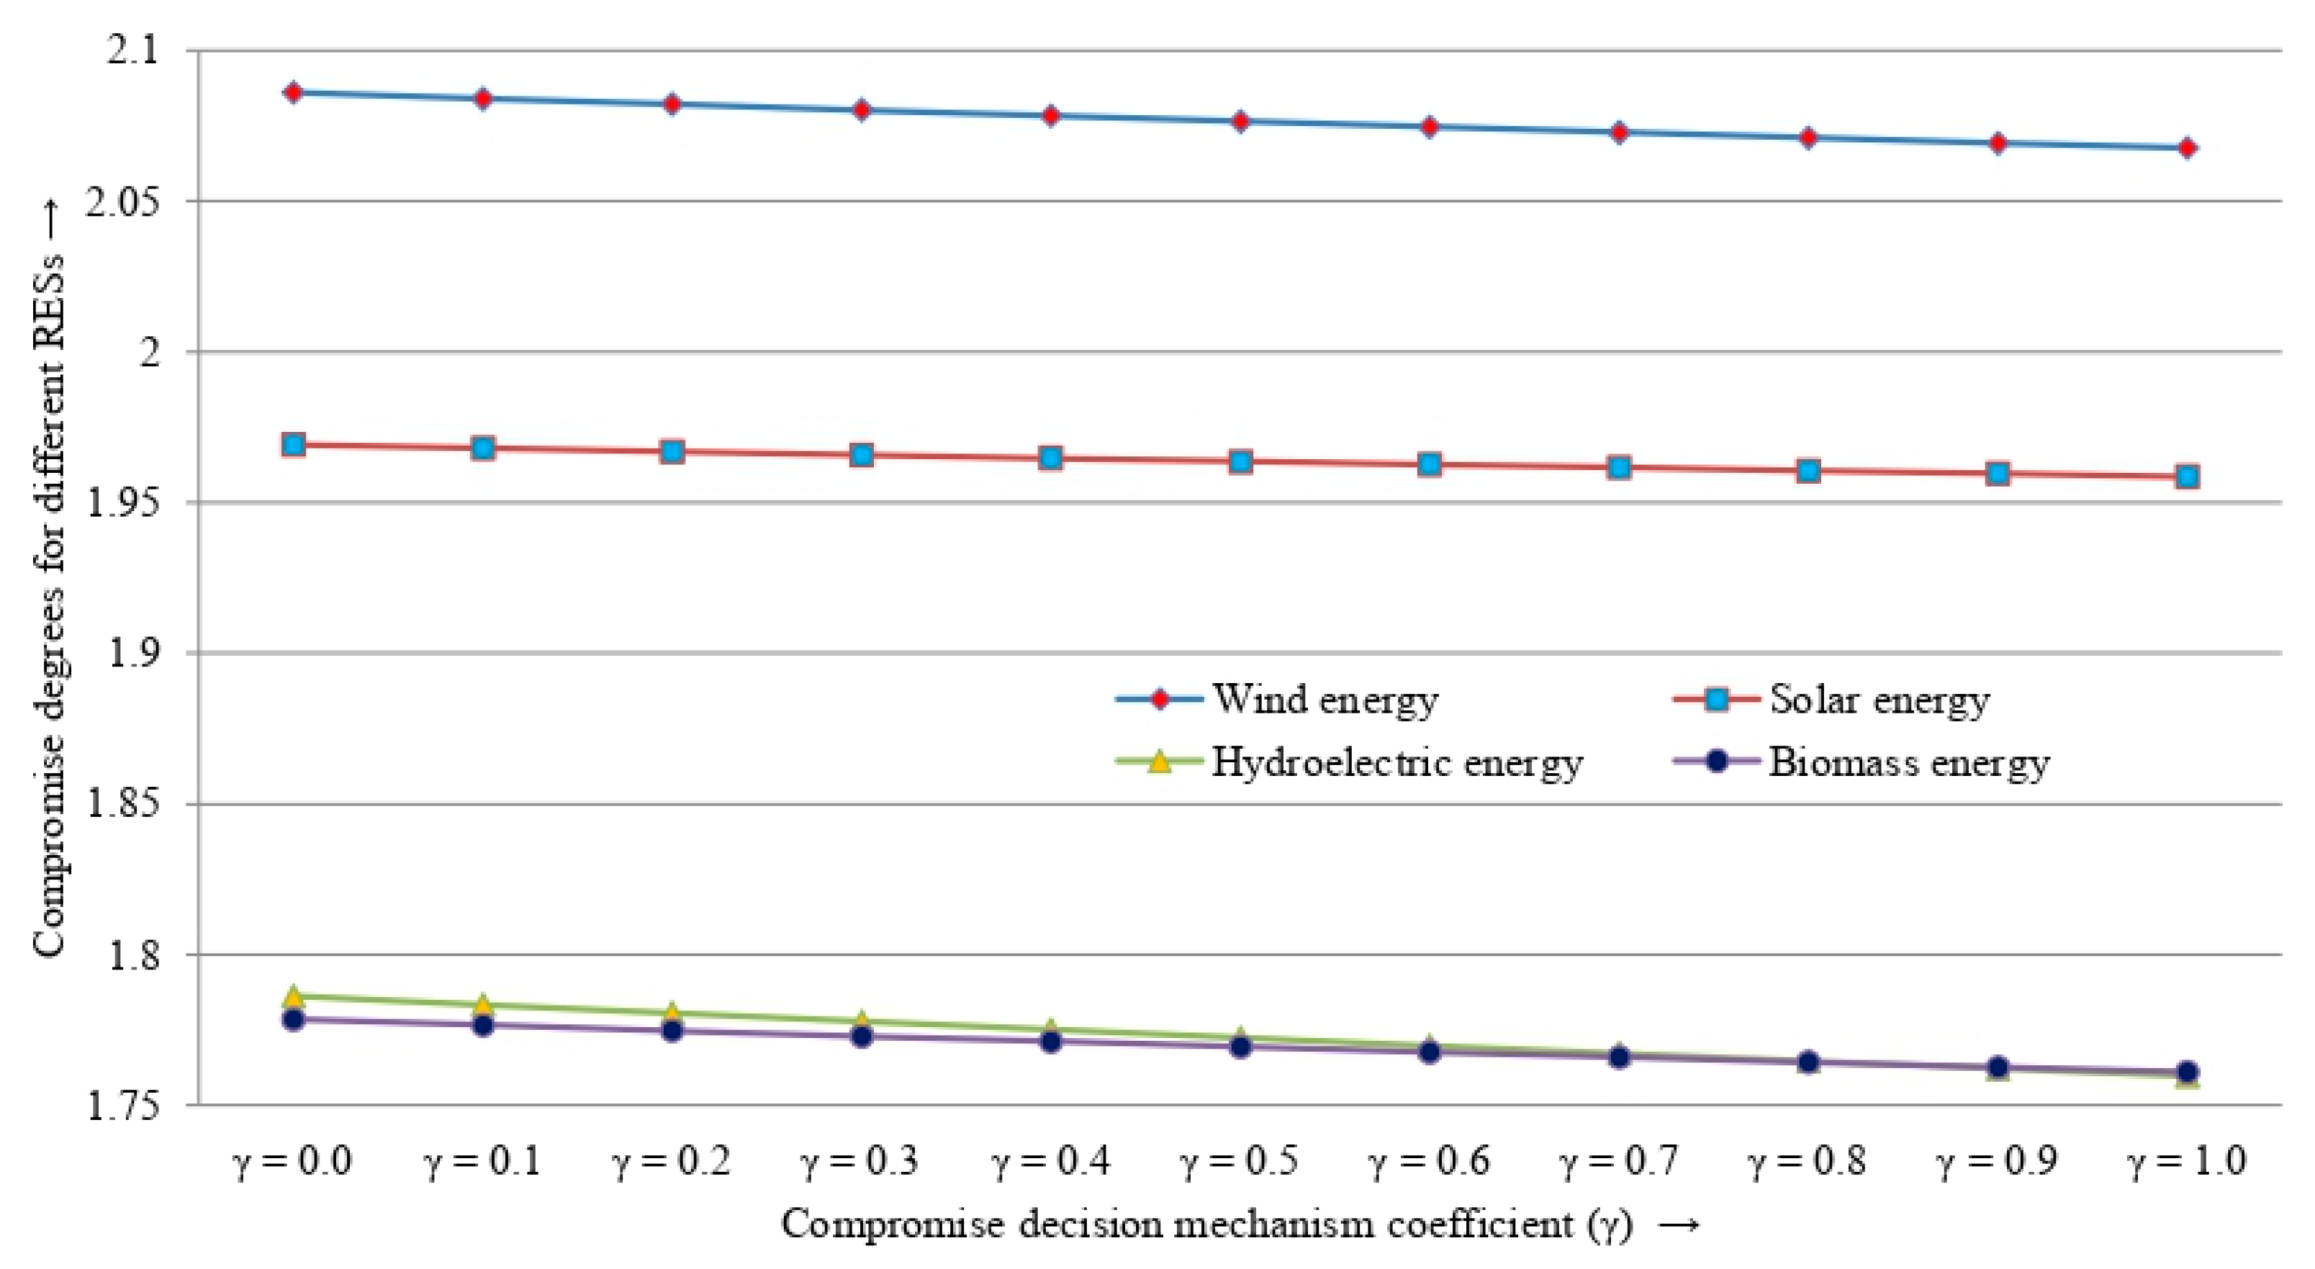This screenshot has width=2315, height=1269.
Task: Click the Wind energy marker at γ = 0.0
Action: [x=293, y=93]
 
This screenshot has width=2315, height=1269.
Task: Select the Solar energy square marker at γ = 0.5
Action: [x=1240, y=462]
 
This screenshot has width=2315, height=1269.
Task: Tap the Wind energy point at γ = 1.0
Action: [x=2188, y=148]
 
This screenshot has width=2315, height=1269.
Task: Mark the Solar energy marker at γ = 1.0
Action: [x=2188, y=477]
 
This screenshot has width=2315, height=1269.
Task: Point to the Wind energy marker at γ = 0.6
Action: [x=1430, y=127]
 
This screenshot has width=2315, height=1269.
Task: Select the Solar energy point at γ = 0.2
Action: [x=672, y=451]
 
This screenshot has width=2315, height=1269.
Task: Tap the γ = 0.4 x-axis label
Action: [x=1050, y=1160]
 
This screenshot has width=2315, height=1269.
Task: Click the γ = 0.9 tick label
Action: [x=1997, y=1160]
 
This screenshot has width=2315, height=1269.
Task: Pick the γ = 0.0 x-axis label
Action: [x=293, y=1160]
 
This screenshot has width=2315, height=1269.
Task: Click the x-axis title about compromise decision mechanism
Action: [x=1240, y=1225]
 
